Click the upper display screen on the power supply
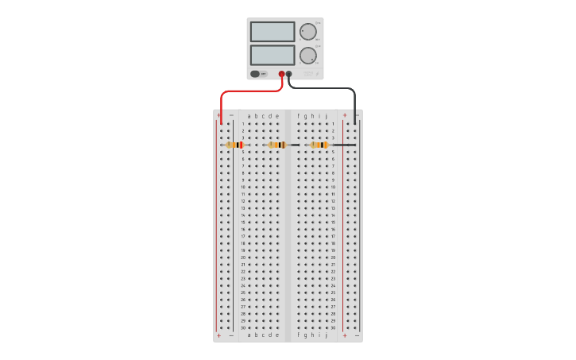coord(273,32)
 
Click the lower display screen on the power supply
coord(273,55)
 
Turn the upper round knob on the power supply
coord(307,32)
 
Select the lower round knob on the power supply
coord(307,56)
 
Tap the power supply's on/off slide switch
coord(256,74)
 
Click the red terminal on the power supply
coord(281,74)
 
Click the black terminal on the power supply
coord(288,74)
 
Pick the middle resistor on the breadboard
coord(276,145)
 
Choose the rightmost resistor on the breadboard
coord(319,145)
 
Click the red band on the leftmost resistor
coord(241,145)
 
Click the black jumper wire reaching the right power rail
coord(343,145)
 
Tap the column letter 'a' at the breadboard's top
coord(249,116)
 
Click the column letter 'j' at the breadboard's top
coord(326,116)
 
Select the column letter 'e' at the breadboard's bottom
coord(277,335)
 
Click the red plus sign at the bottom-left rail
coord(219,335)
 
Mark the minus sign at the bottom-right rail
coord(357,335)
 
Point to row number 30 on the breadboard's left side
coord(243,327)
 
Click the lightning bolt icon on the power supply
coord(317,74)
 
